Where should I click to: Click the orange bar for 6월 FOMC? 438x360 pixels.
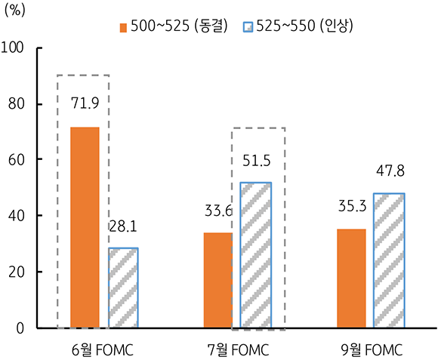(85, 228)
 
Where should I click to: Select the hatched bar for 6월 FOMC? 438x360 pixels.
(123, 288)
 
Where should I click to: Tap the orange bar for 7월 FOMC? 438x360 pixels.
(218, 280)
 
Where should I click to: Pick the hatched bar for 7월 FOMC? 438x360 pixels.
(256, 255)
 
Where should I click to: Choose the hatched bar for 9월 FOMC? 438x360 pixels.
(389, 260)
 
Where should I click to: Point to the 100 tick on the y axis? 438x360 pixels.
(14, 48)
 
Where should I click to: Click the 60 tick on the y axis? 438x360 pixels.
(17, 160)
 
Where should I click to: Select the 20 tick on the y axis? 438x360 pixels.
(17, 272)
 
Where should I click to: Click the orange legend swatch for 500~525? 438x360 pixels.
(123, 26)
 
